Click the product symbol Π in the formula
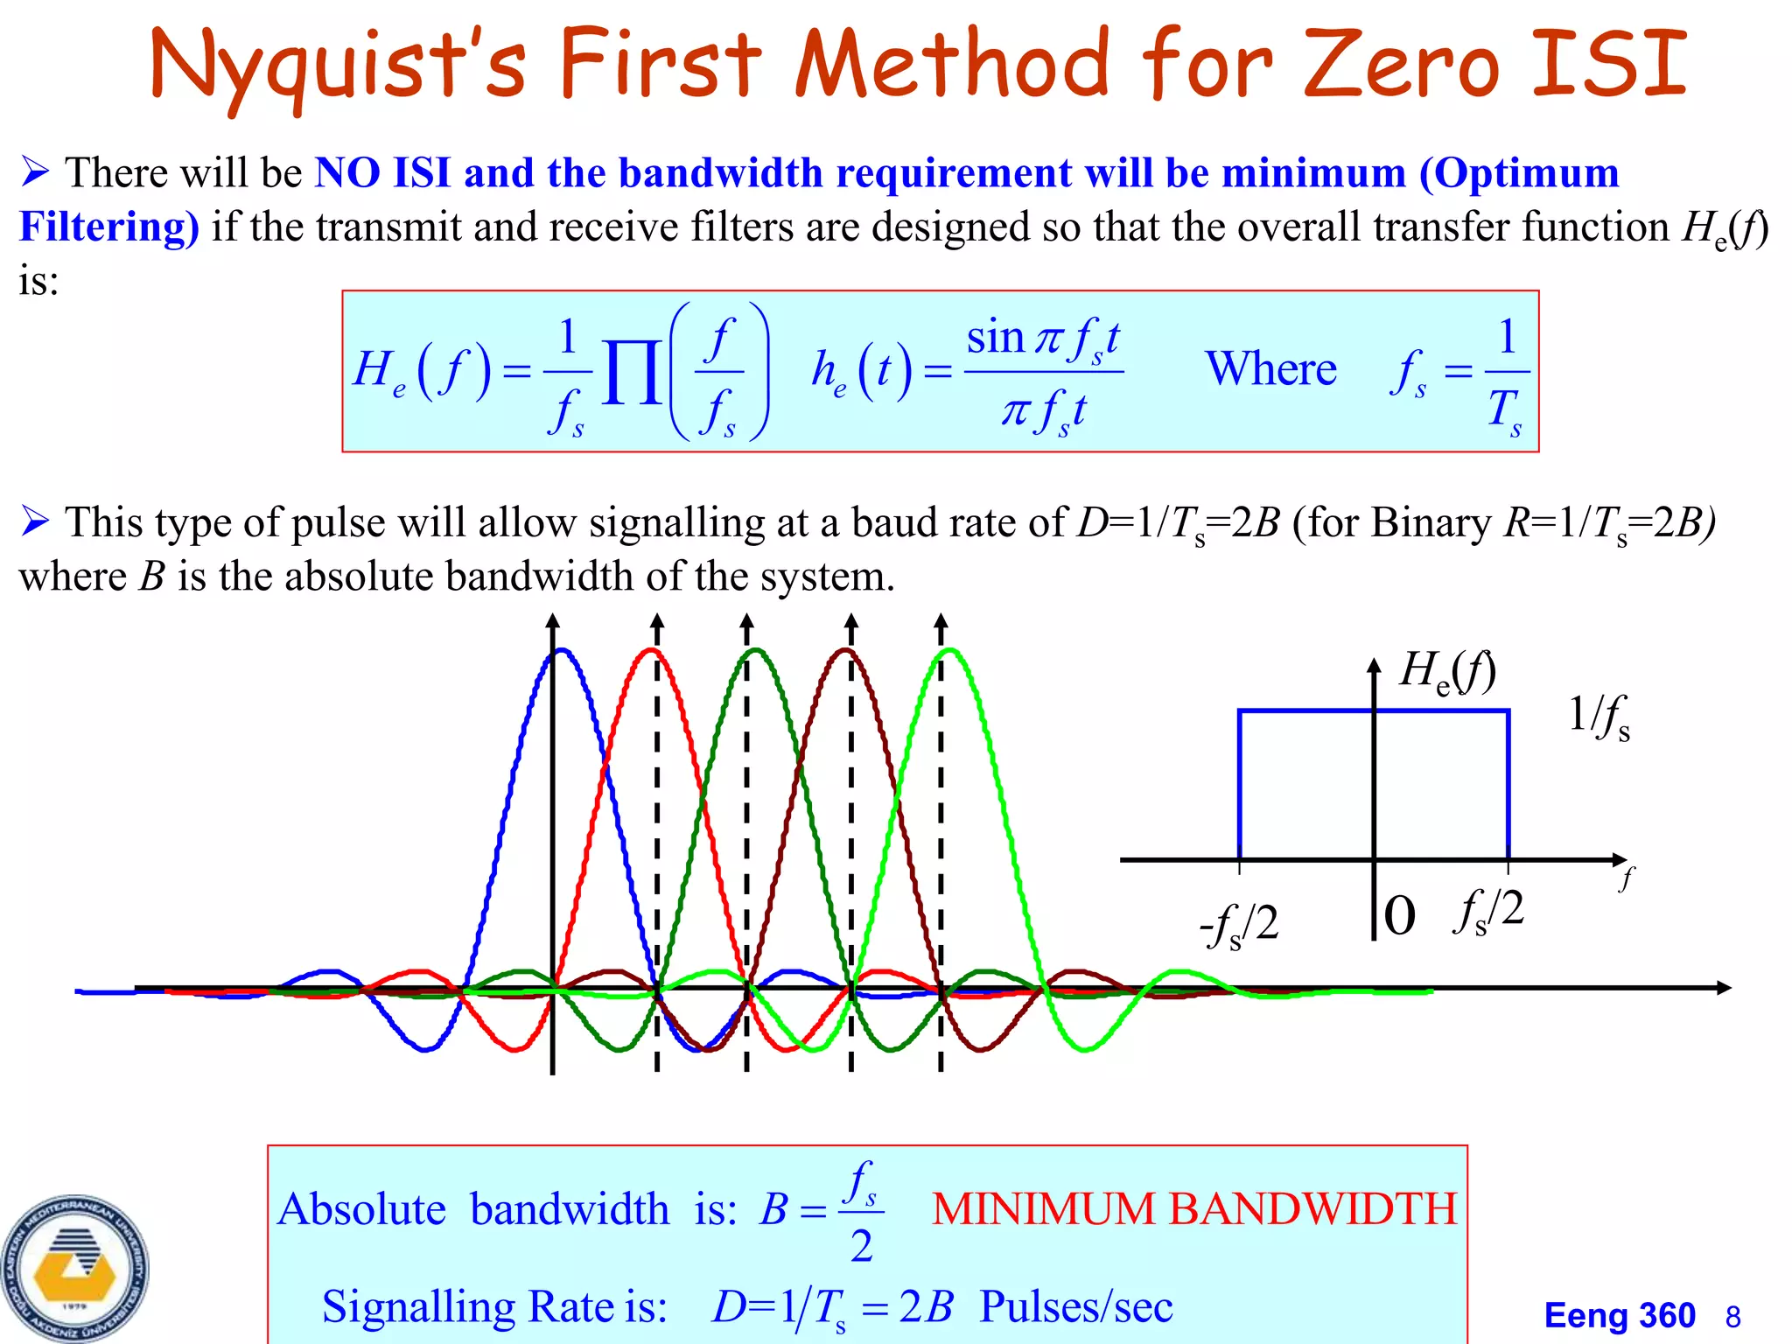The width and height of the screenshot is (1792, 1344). pos(632,372)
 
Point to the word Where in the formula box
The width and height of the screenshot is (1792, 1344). pos(1270,368)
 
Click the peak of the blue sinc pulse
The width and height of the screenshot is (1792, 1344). pos(562,650)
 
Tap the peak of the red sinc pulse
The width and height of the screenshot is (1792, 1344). pos(651,650)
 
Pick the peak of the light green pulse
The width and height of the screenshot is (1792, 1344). pos(950,650)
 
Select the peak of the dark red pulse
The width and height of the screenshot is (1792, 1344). pos(845,650)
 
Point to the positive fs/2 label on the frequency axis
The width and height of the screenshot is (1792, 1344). pos(1487,910)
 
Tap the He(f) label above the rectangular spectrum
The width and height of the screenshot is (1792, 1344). pos(1448,672)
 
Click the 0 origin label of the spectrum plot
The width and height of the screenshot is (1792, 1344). pos(1400,915)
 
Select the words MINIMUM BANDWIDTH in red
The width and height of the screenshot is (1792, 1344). pos(1194,1209)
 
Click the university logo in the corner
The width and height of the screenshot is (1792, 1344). pos(74,1268)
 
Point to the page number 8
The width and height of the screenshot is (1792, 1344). pos(1732,1317)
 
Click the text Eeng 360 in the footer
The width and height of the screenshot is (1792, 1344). pos(1620,1315)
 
